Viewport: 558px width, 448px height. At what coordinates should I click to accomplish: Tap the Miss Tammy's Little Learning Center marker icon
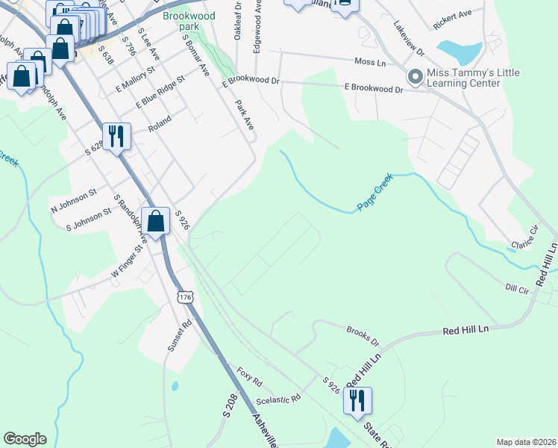coord(415,77)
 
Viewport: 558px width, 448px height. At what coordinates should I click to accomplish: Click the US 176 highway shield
coord(186,297)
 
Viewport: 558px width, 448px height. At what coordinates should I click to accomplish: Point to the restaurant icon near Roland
coord(116,136)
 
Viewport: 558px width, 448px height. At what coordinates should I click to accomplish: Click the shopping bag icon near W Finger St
coord(155,221)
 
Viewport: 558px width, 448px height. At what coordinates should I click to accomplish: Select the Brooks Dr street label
coord(363,336)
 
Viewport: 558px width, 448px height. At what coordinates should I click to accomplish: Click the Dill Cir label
coord(516,287)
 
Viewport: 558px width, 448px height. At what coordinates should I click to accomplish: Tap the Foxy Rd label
coord(250,376)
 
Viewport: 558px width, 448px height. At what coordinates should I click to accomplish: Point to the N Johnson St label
coord(73,197)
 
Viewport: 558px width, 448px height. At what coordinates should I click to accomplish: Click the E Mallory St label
coord(134,79)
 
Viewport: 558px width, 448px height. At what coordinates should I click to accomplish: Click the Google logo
coord(25,439)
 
